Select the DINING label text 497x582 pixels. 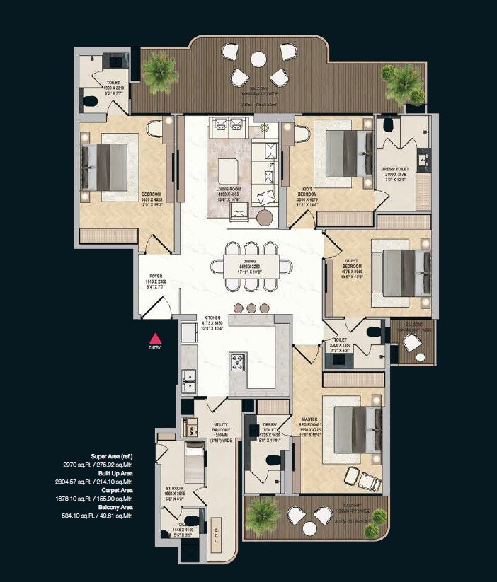tap(250, 260)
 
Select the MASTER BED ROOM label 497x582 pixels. tap(309, 419)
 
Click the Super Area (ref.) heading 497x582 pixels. tap(112, 456)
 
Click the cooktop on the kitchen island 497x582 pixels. tap(237, 361)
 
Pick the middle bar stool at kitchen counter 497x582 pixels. tap(251, 308)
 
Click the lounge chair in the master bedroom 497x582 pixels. tap(366, 482)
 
